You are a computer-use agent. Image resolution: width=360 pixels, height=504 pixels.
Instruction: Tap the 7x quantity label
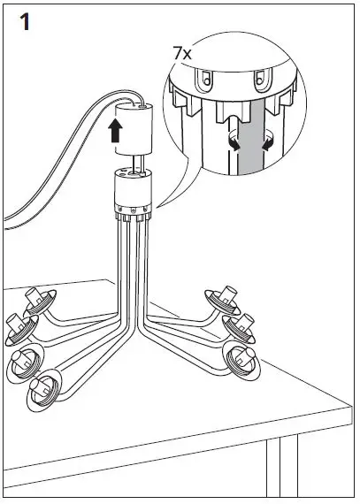[182, 54]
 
